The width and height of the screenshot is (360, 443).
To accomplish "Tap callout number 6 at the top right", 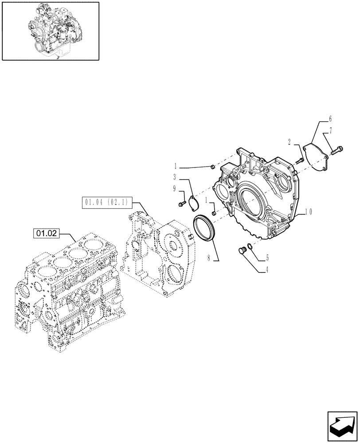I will click(330, 119).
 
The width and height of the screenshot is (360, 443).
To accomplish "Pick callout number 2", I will click(289, 142).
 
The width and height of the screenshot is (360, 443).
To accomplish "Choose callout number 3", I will click(176, 176).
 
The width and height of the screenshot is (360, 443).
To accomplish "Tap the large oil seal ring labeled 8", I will click(204, 225).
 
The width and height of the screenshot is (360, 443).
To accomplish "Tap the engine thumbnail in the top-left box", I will click(50, 31).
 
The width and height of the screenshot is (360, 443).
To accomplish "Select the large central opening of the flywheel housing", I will click(253, 204).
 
